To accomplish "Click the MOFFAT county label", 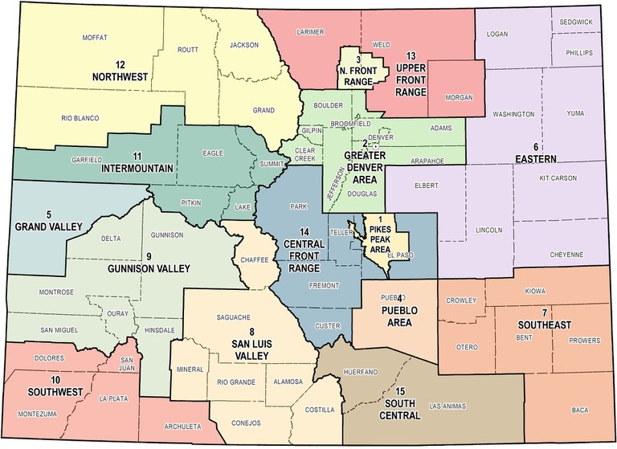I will point(95,38).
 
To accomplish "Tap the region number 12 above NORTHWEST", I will point(121,65).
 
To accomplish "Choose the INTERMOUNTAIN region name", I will point(137,169).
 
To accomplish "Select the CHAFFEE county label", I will point(254,260).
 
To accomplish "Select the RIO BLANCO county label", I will point(79,118).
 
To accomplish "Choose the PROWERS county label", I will point(574,340).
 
